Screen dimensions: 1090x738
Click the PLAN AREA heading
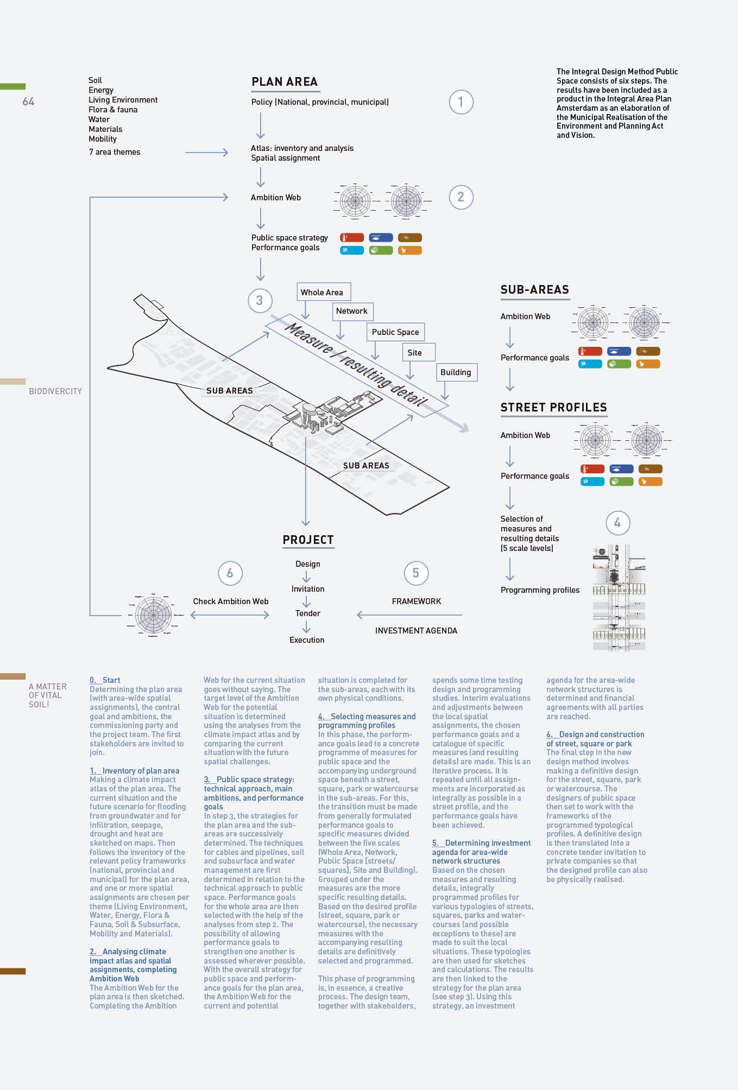pos(284,82)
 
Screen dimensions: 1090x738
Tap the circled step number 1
pos(461,102)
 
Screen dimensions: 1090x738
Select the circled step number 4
pos(617,523)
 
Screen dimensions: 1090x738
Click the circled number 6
pos(230,573)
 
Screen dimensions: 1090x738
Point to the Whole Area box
pos(323,292)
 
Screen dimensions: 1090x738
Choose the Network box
pos(352,311)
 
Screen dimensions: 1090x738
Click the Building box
pos(456,372)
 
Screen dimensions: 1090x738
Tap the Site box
pos(415,352)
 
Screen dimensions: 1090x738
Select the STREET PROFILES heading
pos(553,408)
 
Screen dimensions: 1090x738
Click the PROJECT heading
pos(308,540)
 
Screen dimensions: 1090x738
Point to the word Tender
pos(308,613)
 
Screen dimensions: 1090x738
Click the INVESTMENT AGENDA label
pos(416,631)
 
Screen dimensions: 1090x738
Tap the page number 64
pos(28,102)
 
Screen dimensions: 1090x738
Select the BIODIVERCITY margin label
pos(55,391)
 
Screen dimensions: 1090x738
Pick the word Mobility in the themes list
pos(103,139)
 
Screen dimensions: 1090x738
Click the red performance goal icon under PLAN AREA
pos(352,238)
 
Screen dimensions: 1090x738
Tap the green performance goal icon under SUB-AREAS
pos(619,364)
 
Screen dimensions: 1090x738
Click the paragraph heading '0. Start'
pos(105,680)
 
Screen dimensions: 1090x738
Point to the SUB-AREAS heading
pos(534,290)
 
